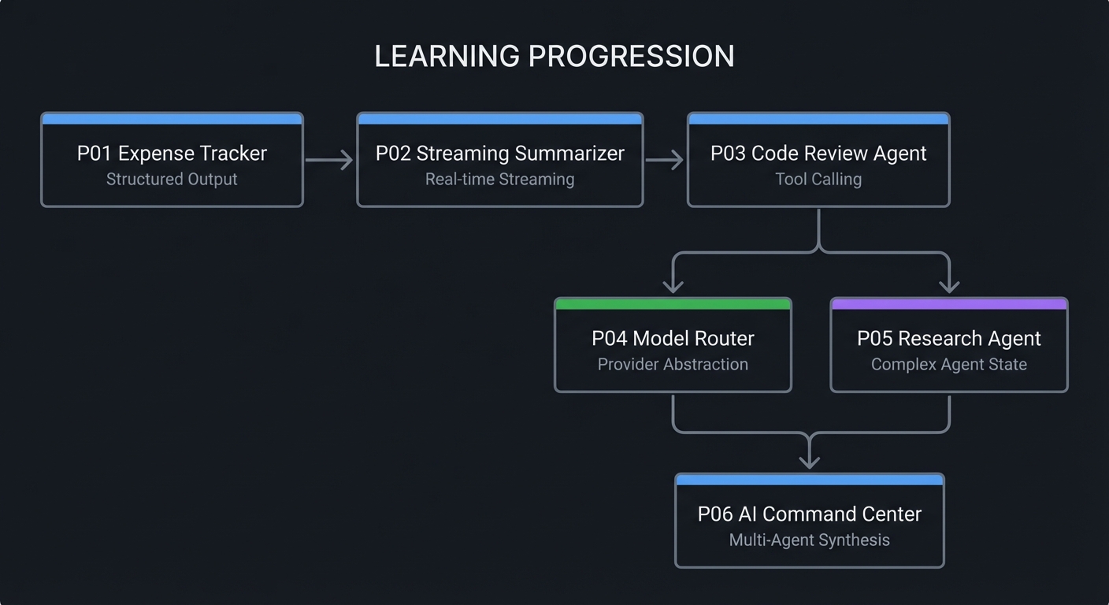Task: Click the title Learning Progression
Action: [554, 57]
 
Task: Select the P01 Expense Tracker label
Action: [172, 153]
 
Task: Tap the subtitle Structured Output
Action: [172, 180]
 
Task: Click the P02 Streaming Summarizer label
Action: [499, 153]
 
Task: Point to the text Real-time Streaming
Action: [499, 180]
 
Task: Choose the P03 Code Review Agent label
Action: [818, 153]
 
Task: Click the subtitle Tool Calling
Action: [818, 180]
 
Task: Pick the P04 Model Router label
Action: [673, 339]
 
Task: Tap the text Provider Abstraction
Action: [673, 365]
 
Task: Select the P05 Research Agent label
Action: [948, 339]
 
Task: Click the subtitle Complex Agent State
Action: [948, 365]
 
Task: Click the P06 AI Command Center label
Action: [809, 514]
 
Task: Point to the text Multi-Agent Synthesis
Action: [809, 540]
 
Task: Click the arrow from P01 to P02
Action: [329, 160]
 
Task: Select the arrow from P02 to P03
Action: [665, 160]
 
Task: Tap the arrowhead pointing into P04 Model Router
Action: [673, 286]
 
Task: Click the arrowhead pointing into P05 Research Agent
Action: [949, 286]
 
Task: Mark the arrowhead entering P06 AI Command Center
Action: [809, 462]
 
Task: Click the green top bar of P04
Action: [673, 304]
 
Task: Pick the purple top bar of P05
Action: [948, 304]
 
